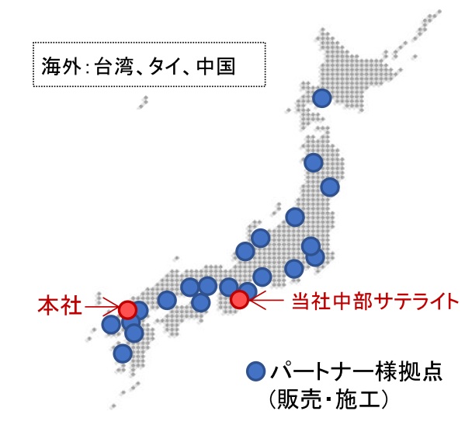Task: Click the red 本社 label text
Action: coord(60,305)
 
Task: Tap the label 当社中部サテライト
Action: coord(361,298)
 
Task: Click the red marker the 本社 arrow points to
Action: coord(128,309)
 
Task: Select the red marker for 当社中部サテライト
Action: coord(239,298)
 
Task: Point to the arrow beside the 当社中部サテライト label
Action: coord(266,298)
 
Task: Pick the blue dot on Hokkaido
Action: coord(321,98)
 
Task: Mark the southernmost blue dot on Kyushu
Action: coord(122,354)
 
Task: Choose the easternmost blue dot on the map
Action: coord(329,186)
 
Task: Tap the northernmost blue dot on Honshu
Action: coord(313,162)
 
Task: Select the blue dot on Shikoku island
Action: coord(200,301)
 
